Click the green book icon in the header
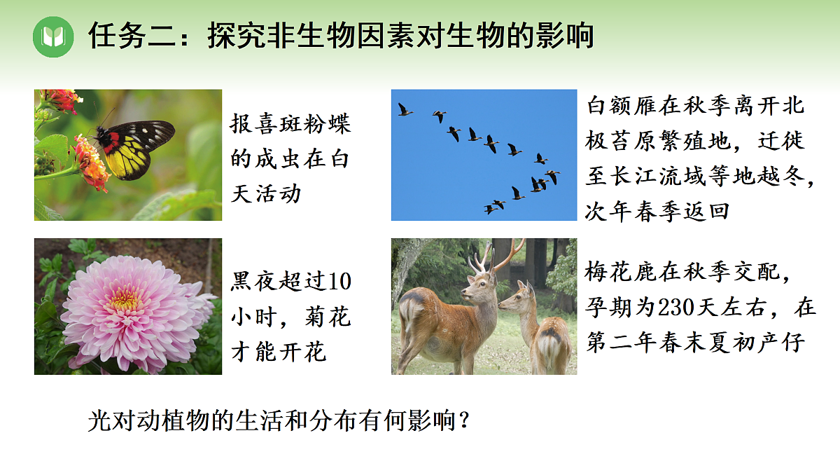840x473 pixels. pos(53,36)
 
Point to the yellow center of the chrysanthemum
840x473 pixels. pos(125,301)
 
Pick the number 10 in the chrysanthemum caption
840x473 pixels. pos(338,282)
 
